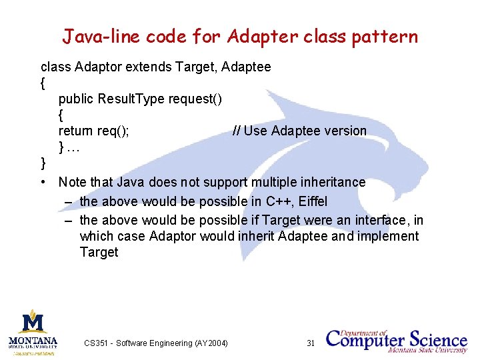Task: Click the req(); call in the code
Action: tap(113, 131)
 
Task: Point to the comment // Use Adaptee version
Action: tap(299, 131)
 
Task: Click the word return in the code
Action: tap(76, 131)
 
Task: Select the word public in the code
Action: tap(76, 99)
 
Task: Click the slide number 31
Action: tap(310, 343)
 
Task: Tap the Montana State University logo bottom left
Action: tap(33, 331)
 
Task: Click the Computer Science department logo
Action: tap(397, 340)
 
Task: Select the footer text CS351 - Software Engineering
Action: tap(155, 343)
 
